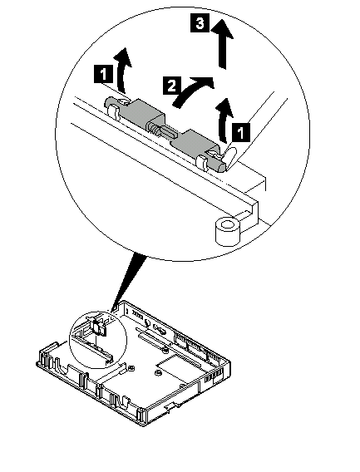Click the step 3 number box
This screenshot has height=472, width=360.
200,23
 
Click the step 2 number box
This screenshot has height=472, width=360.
172,86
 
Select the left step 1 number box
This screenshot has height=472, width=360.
104,74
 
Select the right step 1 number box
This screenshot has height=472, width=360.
241,132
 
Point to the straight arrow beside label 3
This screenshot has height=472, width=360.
222,44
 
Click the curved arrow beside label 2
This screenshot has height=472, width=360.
193,91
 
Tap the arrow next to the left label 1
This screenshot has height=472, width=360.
122,70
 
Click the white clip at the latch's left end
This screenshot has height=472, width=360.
113,111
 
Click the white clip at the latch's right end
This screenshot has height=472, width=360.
202,162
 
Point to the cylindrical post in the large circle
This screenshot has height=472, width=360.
228,231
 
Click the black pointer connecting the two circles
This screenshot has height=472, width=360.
129,282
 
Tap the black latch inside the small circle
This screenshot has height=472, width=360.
98,327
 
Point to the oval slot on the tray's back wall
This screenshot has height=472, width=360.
160,330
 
